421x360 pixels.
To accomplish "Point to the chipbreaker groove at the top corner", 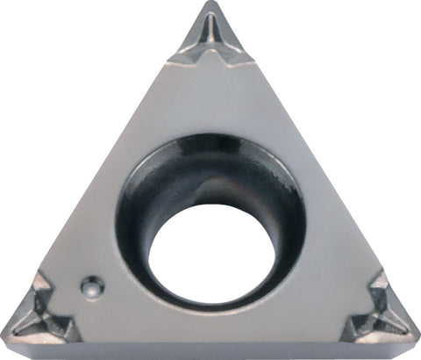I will (x=211, y=40).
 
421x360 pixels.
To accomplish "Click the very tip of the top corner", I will (x=210, y=5).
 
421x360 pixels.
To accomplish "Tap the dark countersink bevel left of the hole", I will (x=132, y=228).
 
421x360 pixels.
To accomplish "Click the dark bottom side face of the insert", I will (x=210, y=349).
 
